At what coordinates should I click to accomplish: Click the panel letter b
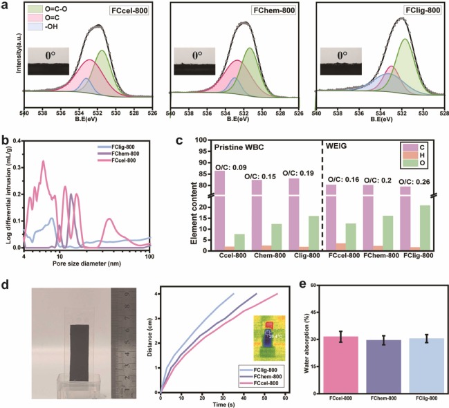[x=5, y=141]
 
